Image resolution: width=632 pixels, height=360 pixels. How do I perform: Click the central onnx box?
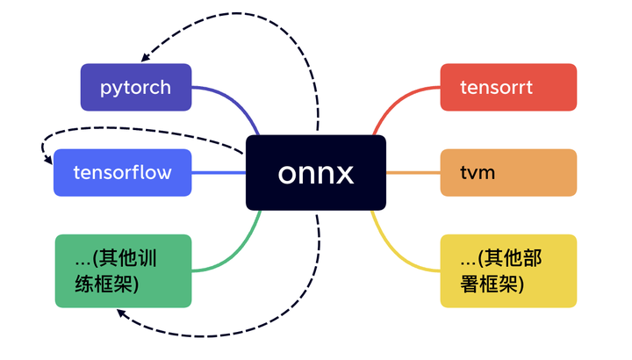tap(316, 173)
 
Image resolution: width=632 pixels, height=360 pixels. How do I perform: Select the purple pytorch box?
tap(136, 88)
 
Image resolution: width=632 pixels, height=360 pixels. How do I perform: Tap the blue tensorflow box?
tap(122, 173)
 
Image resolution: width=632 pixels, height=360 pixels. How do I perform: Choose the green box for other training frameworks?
tap(123, 270)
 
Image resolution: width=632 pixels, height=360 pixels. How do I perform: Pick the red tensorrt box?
tap(508, 88)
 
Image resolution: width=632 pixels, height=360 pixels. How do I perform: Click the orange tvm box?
tap(508, 173)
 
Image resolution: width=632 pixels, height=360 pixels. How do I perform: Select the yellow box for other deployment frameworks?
tap(508, 270)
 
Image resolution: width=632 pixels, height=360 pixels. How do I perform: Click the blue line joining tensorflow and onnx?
tap(219, 173)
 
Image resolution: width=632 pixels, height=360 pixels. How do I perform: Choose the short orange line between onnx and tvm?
tap(413, 173)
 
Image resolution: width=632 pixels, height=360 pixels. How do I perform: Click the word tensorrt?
tap(497, 88)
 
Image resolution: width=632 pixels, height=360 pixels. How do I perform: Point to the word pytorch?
tap(135, 88)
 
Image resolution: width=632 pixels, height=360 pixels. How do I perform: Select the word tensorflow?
tap(122, 173)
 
